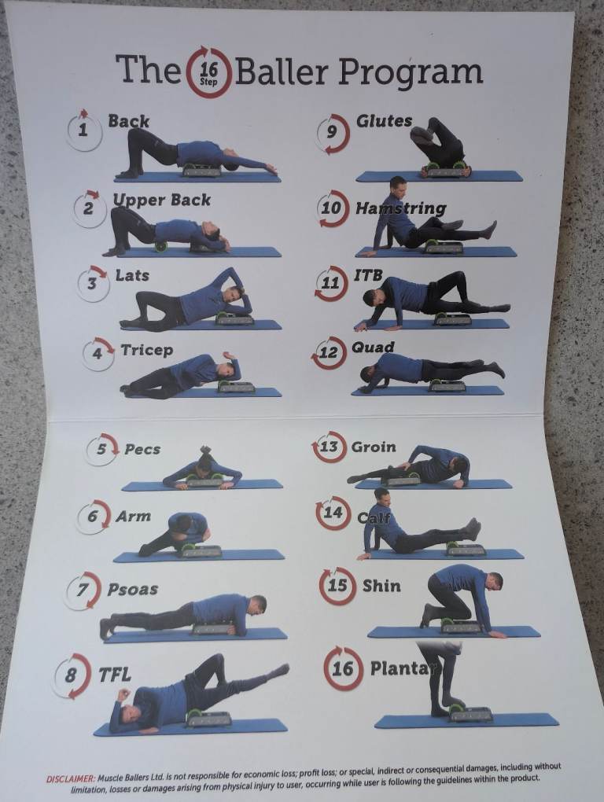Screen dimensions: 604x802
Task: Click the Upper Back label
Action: click(161, 200)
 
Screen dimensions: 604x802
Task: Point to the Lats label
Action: click(132, 275)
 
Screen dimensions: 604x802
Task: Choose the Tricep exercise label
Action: click(147, 350)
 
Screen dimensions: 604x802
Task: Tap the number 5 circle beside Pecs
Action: click(101, 449)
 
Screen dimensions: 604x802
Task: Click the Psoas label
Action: click(132, 589)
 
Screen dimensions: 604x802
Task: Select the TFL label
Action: click(115, 675)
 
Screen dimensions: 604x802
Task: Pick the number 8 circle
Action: click(72, 675)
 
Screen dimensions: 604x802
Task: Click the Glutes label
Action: click(384, 121)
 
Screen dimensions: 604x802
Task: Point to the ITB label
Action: click(368, 275)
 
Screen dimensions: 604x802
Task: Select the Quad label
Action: click(373, 348)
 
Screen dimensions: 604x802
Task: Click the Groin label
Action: click(374, 447)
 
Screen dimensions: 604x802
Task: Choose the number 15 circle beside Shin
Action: click(337, 586)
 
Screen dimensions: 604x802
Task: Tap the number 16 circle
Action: click(343, 668)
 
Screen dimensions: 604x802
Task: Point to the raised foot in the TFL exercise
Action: click(278, 670)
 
